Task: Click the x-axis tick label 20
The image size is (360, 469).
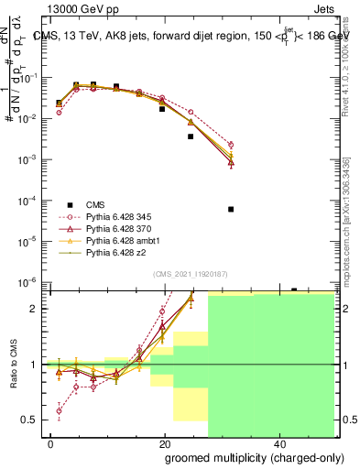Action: tap(165, 443)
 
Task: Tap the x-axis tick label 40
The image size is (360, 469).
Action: tap(278, 443)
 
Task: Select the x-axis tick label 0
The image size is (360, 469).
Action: tap(51, 443)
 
